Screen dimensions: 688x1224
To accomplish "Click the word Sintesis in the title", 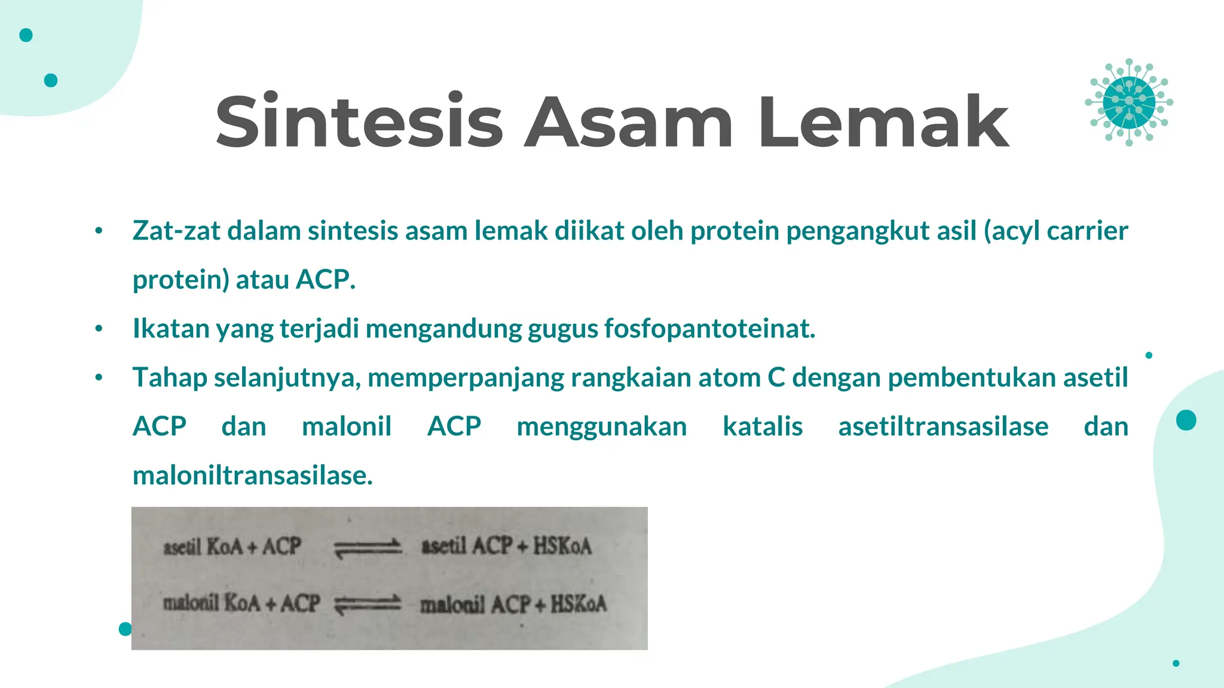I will pyautogui.click(x=359, y=122).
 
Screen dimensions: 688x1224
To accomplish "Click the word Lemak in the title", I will pyautogui.click(x=883, y=122).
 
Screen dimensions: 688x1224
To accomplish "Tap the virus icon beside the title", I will pyautogui.click(x=1128, y=102).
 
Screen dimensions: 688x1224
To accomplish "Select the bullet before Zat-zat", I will pyautogui.click(x=99, y=231).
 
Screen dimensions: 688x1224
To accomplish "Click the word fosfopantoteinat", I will pyautogui.click(x=709, y=328).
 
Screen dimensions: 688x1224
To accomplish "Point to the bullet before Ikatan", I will pyautogui.click(x=99, y=328).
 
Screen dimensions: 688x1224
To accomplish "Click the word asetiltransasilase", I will pyautogui.click(x=943, y=426).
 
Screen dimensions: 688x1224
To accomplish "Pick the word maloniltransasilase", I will pyautogui.click(x=252, y=475).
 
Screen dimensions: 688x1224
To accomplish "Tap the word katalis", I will pyautogui.click(x=762, y=426).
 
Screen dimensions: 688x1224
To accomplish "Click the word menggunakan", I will pyautogui.click(x=601, y=426).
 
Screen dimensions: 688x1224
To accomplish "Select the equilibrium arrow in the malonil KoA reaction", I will pyautogui.click(x=367, y=604).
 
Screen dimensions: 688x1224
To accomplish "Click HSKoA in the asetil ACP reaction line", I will pyautogui.click(x=562, y=546).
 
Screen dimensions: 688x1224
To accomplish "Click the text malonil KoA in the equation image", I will pyautogui.click(x=212, y=603).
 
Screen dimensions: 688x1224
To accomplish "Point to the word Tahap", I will pyautogui.click(x=169, y=377).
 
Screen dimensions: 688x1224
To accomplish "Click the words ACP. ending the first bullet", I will pyautogui.click(x=326, y=279).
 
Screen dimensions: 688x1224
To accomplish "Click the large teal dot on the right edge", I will pyautogui.click(x=1186, y=420).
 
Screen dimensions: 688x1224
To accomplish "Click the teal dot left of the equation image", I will pyautogui.click(x=125, y=628).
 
